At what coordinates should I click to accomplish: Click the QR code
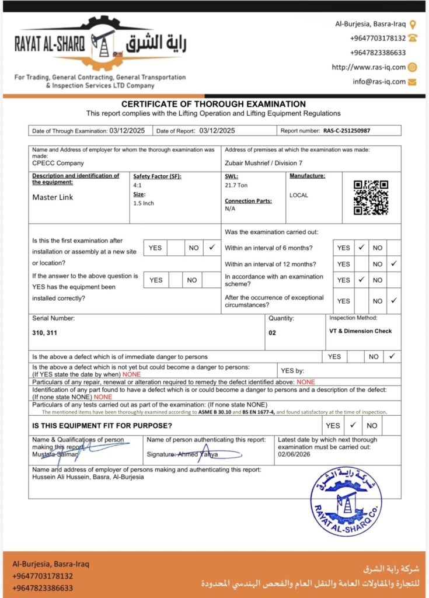(371, 197)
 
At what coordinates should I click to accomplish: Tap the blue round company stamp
(346, 500)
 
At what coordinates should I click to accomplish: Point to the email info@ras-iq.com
(379, 82)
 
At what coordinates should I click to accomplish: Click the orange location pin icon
(413, 25)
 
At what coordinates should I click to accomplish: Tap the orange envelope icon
(413, 82)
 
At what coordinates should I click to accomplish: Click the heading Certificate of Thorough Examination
(213, 105)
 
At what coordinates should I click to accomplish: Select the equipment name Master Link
(53, 197)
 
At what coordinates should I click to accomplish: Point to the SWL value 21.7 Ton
(236, 185)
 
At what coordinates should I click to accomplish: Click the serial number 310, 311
(46, 332)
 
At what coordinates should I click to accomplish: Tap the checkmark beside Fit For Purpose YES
(353, 425)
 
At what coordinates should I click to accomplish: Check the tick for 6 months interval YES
(361, 248)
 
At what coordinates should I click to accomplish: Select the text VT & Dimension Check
(360, 331)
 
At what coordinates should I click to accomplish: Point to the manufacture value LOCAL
(299, 196)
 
